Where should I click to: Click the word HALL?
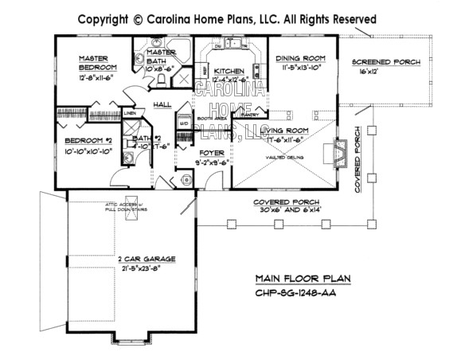[162, 104]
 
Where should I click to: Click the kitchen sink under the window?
[222, 45]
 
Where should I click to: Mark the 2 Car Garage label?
[146, 260]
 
